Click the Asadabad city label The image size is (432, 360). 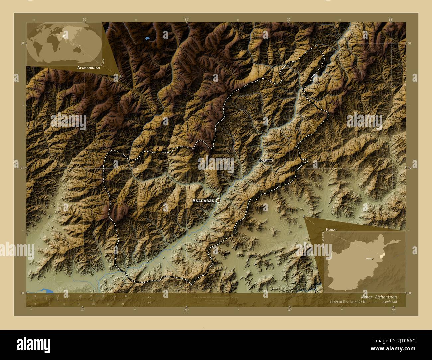click(203, 201)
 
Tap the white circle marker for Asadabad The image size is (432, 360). click(218, 200)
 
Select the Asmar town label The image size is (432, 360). click(268, 161)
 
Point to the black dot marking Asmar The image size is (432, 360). click(261, 161)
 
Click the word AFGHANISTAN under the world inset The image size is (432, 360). click(88, 67)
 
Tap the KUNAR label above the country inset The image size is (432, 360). click(332, 229)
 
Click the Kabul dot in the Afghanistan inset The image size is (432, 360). click(373, 258)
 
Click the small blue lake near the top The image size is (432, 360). click(147, 39)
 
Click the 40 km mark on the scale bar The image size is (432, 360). click(126, 296)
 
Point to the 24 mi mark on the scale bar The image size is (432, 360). click(123, 304)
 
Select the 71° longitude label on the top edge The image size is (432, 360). click(187, 20)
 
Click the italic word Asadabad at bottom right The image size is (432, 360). click(389, 302)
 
